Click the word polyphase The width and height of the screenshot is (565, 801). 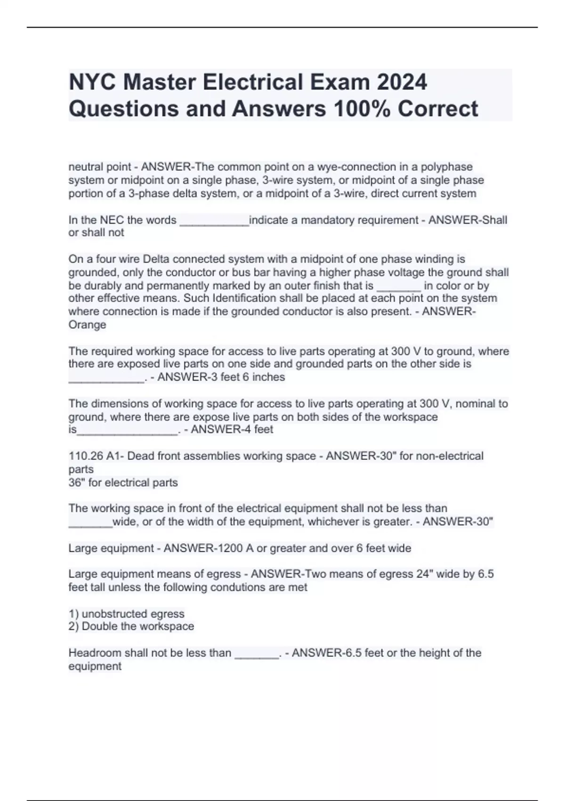(447, 167)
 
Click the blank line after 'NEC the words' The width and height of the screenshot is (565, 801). (214, 221)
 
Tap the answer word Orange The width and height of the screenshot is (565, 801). (87, 325)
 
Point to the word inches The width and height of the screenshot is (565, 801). (268, 377)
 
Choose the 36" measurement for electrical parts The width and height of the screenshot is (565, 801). (76, 482)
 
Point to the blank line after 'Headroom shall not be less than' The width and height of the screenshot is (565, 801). (256, 654)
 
